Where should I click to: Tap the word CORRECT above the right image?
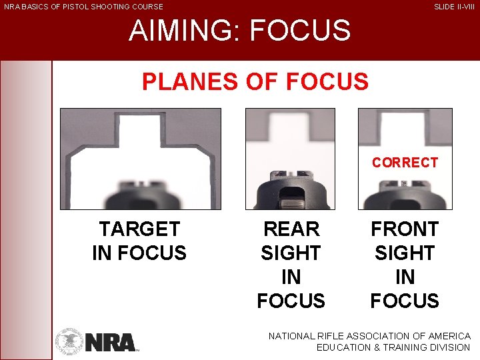coord(405,163)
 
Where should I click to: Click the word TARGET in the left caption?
coord(139,229)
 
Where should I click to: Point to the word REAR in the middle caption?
coord(291,229)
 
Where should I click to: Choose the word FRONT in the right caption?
coord(405,229)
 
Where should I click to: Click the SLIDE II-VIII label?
coord(455,7)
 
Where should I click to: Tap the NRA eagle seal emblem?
coord(69,341)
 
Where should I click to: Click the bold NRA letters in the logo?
coord(111,343)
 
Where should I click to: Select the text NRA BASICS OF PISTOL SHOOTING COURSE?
coord(83,7)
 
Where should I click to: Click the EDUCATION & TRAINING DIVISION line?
coord(393,348)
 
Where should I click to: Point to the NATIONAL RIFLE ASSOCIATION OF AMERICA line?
coord(369,337)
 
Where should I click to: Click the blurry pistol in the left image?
coord(140,197)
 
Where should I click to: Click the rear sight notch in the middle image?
coord(291,175)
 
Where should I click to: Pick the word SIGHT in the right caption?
coord(405,253)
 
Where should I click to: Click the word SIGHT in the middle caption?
coord(291,253)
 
